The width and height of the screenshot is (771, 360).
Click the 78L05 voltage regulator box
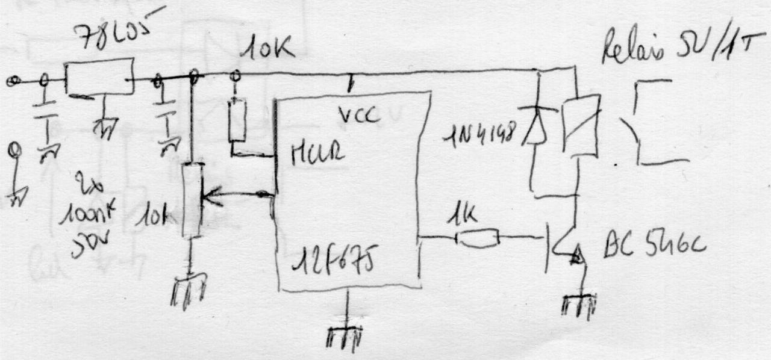99,77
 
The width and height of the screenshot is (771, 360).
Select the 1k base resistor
477,238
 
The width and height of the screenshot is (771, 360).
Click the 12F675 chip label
332,261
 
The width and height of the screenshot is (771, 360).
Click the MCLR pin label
318,154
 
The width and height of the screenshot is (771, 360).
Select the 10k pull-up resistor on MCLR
237,120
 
